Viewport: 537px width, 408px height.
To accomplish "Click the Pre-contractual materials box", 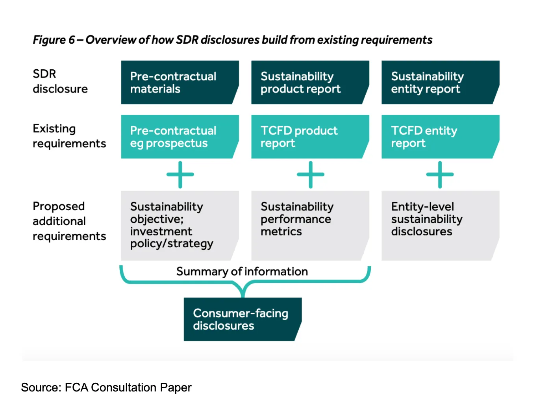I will (180, 82).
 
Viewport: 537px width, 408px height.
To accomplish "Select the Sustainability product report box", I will (310, 82).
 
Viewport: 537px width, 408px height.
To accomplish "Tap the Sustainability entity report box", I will (440, 82).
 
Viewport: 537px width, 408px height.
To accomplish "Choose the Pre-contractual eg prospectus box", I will (180, 137).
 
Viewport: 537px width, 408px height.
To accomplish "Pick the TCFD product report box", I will (310, 137).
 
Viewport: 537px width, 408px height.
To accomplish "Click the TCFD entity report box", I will (440, 137).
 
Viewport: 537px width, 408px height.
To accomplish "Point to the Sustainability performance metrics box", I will (310, 225).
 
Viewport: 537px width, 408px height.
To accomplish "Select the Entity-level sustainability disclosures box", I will (440, 225).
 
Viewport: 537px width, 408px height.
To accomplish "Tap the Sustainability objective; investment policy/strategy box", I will (180, 225).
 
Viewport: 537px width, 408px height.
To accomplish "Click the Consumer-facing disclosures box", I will (242, 319).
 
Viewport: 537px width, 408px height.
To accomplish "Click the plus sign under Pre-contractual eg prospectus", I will (180, 174).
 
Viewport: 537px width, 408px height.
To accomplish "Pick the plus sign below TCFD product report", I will (311, 174).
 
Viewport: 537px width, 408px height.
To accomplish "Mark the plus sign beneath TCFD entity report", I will (440, 174).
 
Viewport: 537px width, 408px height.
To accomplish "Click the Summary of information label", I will (242, 271).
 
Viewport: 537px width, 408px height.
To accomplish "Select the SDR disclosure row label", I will (60, 81).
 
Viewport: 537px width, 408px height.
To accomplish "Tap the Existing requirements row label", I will (69, 136).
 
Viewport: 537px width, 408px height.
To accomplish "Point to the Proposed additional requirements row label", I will (69, 221).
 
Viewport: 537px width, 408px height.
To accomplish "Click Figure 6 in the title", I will (54, 40).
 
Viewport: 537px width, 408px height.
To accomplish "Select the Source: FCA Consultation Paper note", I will (106, 388).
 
